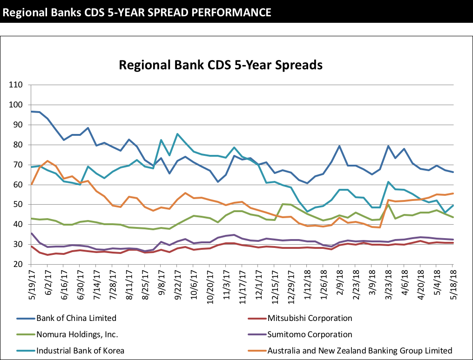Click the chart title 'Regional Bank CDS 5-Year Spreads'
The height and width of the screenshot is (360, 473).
(221, 65)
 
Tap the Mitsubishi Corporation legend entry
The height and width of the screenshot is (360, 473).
(310, 318)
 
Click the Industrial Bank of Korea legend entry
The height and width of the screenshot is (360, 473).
(80, 350)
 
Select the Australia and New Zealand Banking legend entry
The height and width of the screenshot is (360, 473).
(359, 350)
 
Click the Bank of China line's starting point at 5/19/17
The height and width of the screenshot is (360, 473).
(31, 112)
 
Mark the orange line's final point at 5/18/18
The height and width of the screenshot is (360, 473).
(453, 193)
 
